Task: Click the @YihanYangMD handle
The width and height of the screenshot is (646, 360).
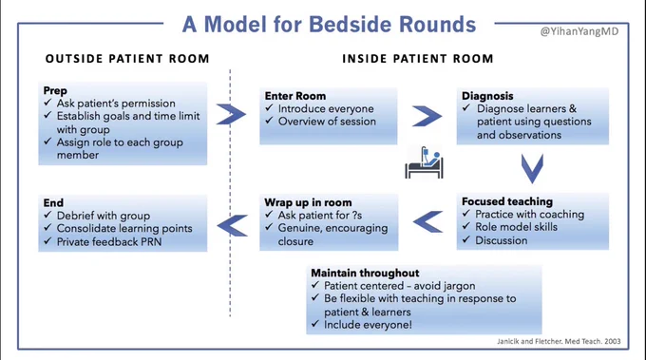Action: [x=579, y=31]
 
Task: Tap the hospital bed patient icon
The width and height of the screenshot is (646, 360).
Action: [x=424, y=162]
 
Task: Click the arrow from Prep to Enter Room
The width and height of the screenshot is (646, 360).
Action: [x=231, y=114]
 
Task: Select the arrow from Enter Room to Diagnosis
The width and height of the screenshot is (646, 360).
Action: [x=427, y=116]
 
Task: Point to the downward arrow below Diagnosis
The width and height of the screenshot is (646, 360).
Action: [x=532, y=169]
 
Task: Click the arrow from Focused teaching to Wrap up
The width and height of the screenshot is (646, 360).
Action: [x=428, y=221]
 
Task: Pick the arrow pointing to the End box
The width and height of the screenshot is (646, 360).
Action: [x=233, y=225]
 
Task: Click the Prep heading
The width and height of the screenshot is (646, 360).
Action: [x=55, y=90]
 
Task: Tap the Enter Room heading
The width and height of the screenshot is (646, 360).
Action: [x=295, y=96]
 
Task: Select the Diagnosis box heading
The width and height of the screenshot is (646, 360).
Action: [x=487, y=96]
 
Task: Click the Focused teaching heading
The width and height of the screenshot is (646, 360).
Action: [x=507, y=201]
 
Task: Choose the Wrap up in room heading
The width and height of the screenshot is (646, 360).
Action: [x=308, y=202]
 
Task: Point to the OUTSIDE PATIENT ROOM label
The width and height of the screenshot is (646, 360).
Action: [x=127, y=59]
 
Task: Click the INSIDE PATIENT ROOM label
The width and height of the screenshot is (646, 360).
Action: [x=418, y=59]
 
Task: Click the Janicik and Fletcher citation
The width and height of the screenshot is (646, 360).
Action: [x=559, y=341]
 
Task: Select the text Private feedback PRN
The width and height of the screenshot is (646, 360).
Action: [x=108, y=242]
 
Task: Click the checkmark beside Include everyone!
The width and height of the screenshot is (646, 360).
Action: [x=315, y=324]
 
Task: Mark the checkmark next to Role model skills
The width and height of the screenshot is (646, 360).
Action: [x=465, y=226]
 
